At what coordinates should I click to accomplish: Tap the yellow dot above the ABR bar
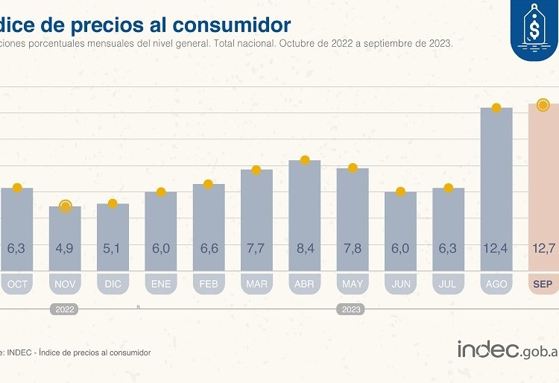pos(304,160)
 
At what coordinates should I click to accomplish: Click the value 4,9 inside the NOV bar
pos(65,248)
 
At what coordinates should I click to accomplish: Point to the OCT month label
pos(17,284)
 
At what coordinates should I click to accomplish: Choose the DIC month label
pos(113,284)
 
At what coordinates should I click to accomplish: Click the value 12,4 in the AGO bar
pos(496,248)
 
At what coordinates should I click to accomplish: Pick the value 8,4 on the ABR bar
pos(304,248)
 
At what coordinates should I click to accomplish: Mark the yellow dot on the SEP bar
pos(543,105)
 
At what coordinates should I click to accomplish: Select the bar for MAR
pos(256,216)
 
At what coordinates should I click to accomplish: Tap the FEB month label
pos(209,284)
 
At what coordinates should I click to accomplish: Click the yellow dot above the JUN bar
pos(400,191)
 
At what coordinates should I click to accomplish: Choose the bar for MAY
pos(352,216)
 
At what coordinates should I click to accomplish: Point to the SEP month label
pos(543,284)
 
